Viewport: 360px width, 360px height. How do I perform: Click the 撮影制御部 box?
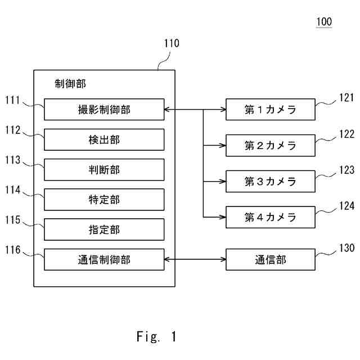104,110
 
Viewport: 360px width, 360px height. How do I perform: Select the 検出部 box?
104,139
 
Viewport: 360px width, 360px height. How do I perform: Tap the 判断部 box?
104,169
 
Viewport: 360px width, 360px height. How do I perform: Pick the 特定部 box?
104,199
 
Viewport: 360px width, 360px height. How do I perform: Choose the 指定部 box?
104,229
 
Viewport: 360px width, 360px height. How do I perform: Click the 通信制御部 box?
104,259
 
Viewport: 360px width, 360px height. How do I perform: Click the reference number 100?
324,22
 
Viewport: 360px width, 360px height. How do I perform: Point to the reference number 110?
172,43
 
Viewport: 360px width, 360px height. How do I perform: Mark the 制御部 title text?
70,84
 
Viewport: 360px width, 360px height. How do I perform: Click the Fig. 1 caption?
156,337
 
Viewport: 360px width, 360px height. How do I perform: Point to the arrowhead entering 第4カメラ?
222,217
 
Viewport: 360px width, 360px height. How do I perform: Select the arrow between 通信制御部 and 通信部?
195,259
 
